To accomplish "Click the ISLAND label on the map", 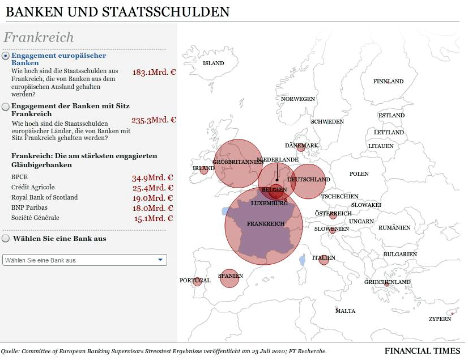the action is click(213, 63).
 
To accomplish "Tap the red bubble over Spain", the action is click(229, 278).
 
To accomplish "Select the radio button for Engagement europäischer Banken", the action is click(5, 56).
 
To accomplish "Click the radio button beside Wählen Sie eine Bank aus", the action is click(6, 239).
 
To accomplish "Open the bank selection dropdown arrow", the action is click(160, 260).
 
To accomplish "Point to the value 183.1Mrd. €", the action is click(154, 73).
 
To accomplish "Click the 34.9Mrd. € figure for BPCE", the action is click(152, 178).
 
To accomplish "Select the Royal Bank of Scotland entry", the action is click(44, 197).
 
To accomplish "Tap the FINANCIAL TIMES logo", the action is click(422, 351).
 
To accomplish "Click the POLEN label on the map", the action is click(359, 174).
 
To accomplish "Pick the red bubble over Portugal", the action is click(197, 281).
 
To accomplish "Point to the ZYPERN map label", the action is click(440, 319).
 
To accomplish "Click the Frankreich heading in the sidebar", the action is click(39, 37).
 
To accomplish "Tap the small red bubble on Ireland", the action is click(204, 170).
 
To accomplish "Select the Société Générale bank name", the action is click(35, 218).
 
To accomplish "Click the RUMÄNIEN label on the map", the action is click(394, 228).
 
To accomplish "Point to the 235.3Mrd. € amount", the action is click(154, 120).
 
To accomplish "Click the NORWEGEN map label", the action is click(298, 99).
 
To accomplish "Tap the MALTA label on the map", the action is click(345, 311).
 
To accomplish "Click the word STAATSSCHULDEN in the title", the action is click(165, 12).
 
